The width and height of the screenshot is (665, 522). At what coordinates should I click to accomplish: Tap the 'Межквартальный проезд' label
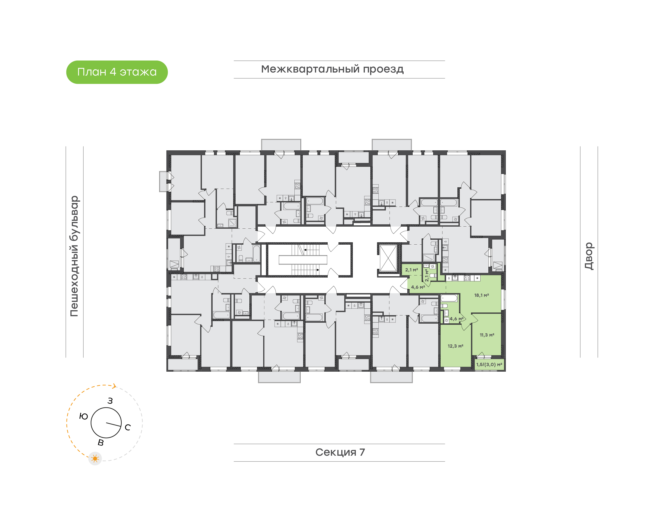332,69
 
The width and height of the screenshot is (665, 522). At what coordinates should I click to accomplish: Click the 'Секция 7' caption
340,452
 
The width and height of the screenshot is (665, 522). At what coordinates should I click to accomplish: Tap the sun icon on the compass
95,458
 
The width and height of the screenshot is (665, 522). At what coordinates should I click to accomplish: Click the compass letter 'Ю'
83,416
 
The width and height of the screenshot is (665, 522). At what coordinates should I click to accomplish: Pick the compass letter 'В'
100,443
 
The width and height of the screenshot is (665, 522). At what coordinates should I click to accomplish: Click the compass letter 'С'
128,427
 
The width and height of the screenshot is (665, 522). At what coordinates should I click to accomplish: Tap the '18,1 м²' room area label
481,295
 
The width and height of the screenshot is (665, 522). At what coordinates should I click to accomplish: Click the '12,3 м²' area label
455,346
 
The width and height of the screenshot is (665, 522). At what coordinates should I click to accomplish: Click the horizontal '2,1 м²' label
411,270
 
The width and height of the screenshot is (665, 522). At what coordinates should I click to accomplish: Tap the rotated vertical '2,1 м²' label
427,275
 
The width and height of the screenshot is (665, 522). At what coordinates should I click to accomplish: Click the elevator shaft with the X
388,258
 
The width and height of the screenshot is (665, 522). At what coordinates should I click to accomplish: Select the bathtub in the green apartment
449,298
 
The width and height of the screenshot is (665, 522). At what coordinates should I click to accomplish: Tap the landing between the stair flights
303,260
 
